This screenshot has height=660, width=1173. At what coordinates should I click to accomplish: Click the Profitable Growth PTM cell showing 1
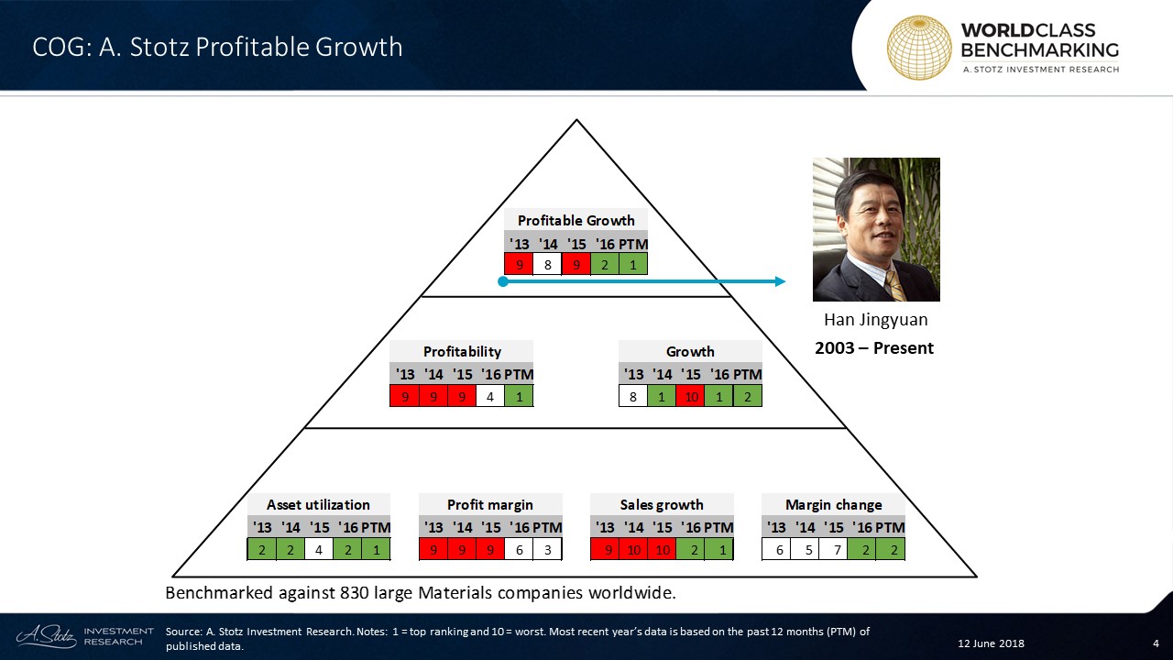633,264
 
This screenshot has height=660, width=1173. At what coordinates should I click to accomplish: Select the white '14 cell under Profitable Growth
548,264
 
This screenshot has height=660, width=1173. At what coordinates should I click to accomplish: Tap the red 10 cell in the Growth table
690,396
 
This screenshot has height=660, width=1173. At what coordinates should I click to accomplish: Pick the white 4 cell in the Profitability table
490,396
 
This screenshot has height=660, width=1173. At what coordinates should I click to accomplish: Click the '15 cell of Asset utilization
318,549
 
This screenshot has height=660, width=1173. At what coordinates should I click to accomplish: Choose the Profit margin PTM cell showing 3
548,549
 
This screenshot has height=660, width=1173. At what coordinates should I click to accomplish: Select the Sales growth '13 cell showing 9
605,549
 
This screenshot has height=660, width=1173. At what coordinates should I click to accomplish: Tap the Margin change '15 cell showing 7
833,549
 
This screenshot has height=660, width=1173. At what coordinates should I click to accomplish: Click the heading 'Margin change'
833,504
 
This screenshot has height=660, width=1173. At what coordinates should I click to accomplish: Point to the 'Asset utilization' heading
318,504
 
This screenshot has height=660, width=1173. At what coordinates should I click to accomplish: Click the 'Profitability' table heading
462,351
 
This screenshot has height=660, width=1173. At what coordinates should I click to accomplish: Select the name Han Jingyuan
875,320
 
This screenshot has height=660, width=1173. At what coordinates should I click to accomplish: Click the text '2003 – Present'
874,347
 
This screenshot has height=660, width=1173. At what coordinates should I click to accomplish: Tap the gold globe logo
919,48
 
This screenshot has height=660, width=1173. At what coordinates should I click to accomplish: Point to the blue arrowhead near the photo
780,281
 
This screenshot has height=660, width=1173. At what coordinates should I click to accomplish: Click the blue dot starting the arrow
503,281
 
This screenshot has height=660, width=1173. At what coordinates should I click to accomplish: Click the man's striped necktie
895,286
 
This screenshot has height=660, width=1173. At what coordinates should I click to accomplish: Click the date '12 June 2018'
991,643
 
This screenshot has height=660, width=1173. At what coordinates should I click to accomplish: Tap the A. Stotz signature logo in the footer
46,636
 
